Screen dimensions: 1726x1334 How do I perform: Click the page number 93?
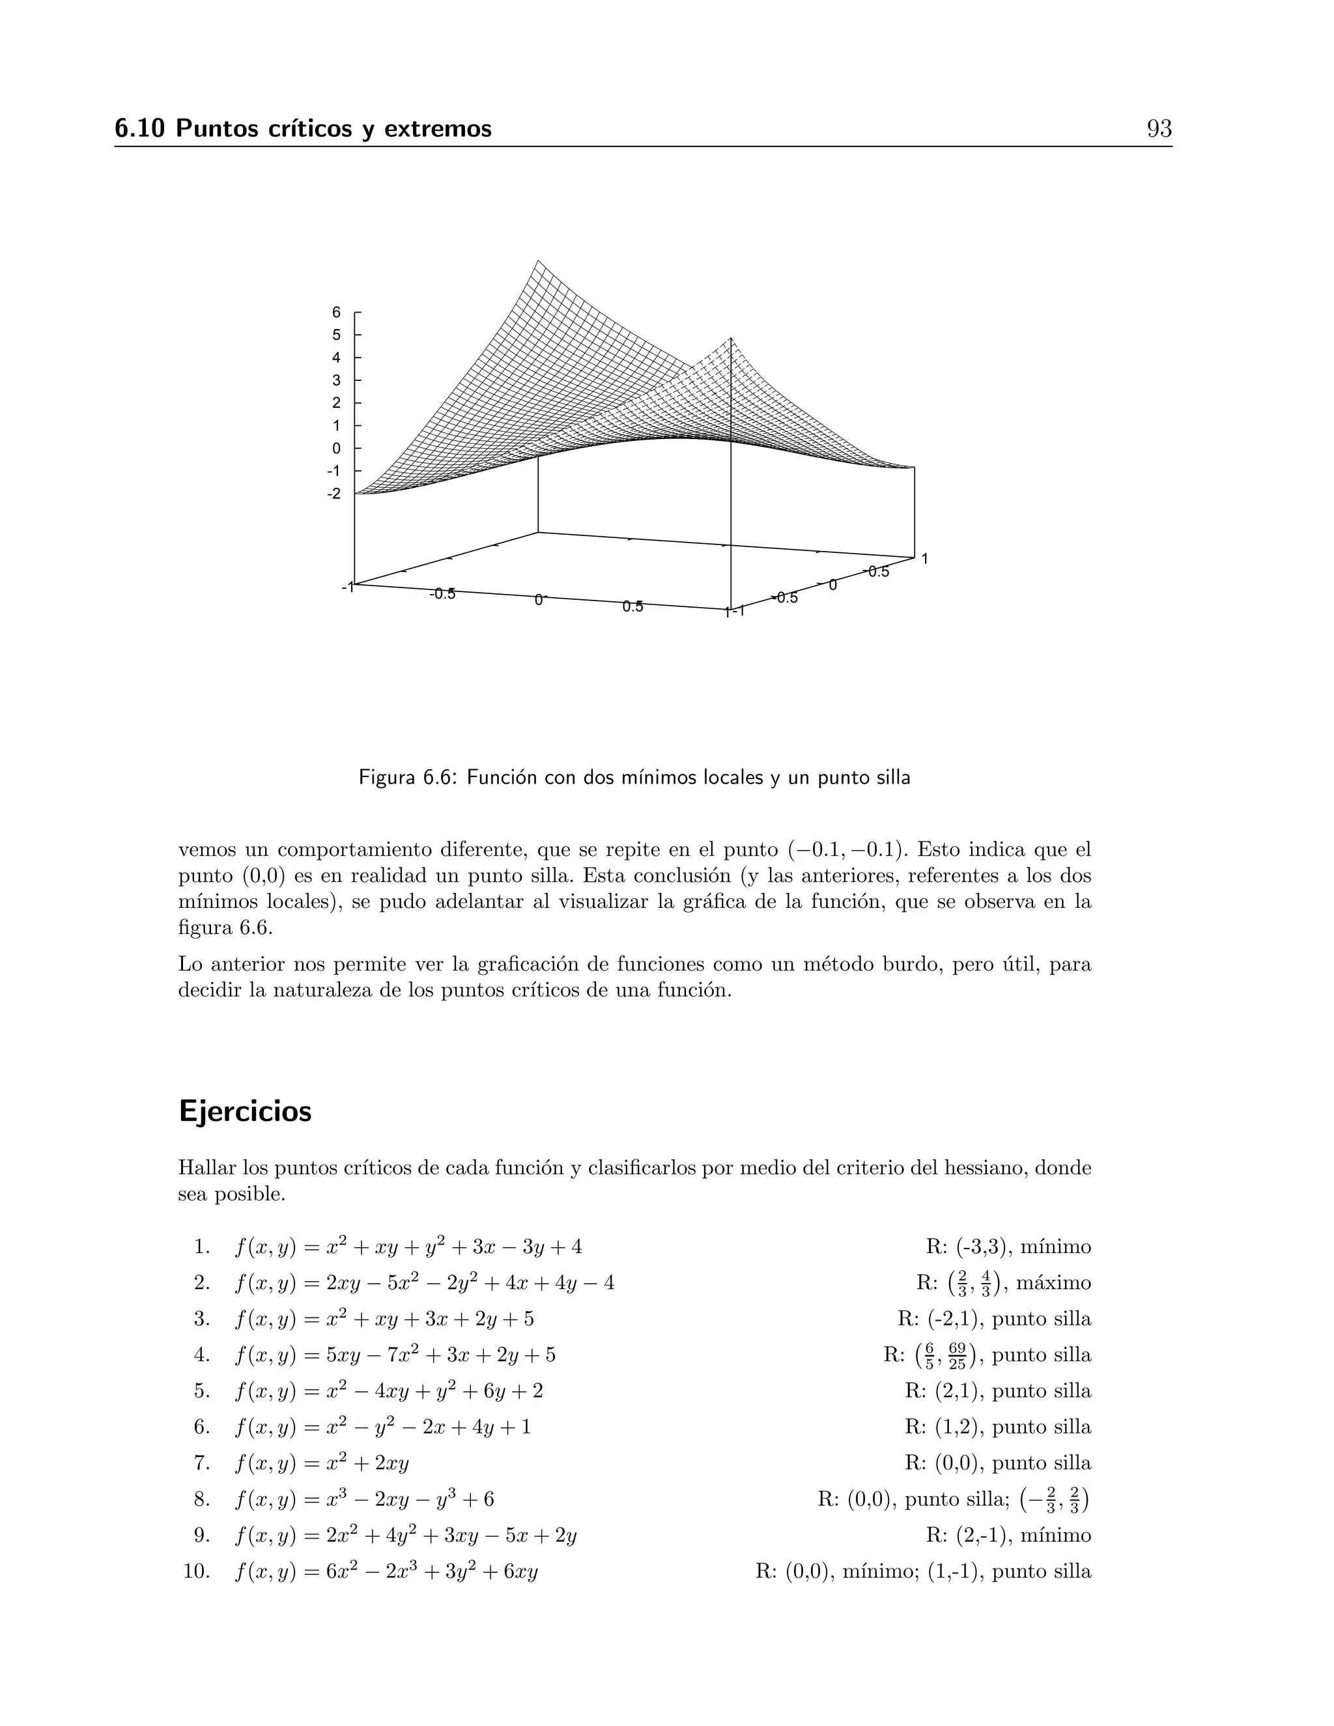pyautogui.click(x=1159, y=129)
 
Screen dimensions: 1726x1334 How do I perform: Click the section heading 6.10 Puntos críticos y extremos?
pyautogui.click(x=303, y=129)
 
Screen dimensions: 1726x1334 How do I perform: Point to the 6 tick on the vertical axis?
pyautogui.click(x=337, y=312)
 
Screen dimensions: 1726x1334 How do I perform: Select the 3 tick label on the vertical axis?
pyautogui.click(x=337, y=380)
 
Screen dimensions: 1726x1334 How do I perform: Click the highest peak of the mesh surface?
pyautogui.click(x=537, y=261)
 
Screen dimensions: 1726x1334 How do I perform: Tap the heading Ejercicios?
pyautogui.click(x=245, y=1111)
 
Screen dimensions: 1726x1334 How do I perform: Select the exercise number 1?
pyautogui.click(x=201, y=1247)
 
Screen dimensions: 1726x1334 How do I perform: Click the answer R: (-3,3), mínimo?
pyautogui.click(x=1008, y=1247)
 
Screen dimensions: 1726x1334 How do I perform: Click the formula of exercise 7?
pyautogui.click(x=322, y=1464)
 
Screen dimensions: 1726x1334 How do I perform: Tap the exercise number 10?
pyautogui.click(x=196, y=1572)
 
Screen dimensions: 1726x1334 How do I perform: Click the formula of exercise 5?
pyautogui.click(x=389, y=1391)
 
